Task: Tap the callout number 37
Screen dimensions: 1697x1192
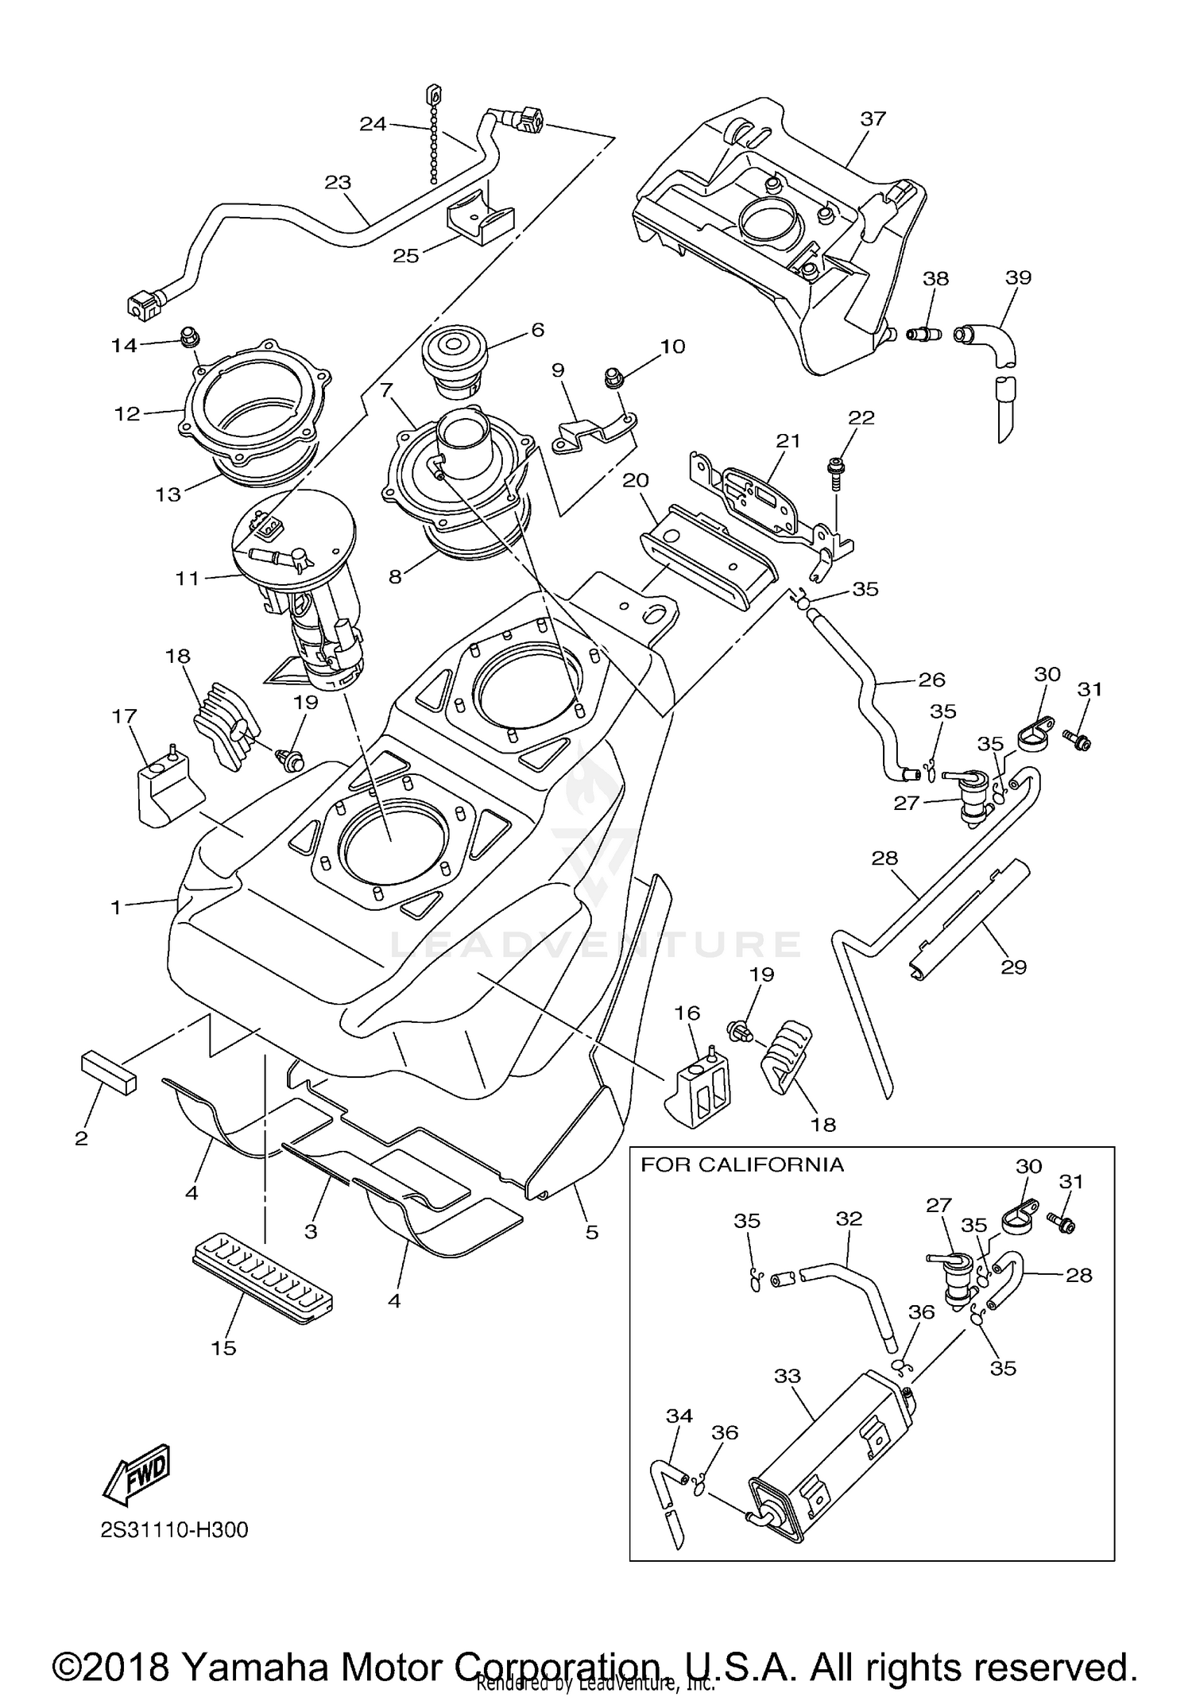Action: coord(873,118)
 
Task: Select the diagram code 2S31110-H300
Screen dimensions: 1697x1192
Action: coord(174,1530)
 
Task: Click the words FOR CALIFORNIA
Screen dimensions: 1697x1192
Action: coord(742,1164)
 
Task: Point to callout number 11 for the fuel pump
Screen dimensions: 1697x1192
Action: coord(188,579)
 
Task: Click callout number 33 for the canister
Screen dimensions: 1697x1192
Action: coord(787,1376)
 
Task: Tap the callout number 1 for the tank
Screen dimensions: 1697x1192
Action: coord(116,907)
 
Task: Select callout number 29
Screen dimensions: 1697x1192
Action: coord(1013,967)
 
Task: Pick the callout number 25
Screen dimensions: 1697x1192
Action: coord(406,257)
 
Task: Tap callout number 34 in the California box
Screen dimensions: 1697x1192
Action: coord(679,1416)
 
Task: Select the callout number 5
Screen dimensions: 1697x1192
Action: coord(591,1232)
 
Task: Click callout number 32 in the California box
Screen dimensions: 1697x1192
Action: coord(849,1219)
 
